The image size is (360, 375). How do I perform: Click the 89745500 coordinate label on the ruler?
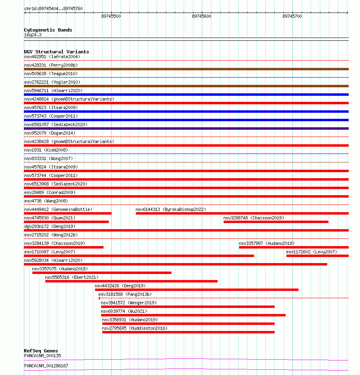point(111,17)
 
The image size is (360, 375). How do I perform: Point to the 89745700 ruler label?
point(292,17)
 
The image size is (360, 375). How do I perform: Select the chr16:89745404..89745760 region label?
point(53,8)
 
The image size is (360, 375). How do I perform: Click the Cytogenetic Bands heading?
point(48,30)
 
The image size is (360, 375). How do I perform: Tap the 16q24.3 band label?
point(33,35)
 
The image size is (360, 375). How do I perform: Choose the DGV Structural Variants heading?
point(57,52)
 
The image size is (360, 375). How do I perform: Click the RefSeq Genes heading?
point(41,351)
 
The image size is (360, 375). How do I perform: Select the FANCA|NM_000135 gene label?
point(42,356)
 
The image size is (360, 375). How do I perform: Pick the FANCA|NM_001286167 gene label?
point(46,366)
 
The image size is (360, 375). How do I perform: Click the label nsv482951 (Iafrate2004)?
point(52,57)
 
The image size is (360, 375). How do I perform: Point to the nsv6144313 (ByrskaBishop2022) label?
point(171,209)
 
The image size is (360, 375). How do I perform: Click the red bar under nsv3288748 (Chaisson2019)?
point(276,222)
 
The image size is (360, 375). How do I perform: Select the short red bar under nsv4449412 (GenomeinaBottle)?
point(68,213)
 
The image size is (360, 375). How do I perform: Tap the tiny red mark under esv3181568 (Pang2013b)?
point(99,298)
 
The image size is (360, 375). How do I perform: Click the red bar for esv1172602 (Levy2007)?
point(317,256)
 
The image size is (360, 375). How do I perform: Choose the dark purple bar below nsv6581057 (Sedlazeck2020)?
point(186,129)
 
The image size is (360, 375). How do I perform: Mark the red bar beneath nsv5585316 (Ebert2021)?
point(131,281)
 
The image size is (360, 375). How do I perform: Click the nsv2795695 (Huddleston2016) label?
point(135,328)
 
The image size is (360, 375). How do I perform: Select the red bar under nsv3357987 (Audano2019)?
point(293,247)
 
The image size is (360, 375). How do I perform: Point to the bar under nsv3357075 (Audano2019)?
point(102,273)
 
